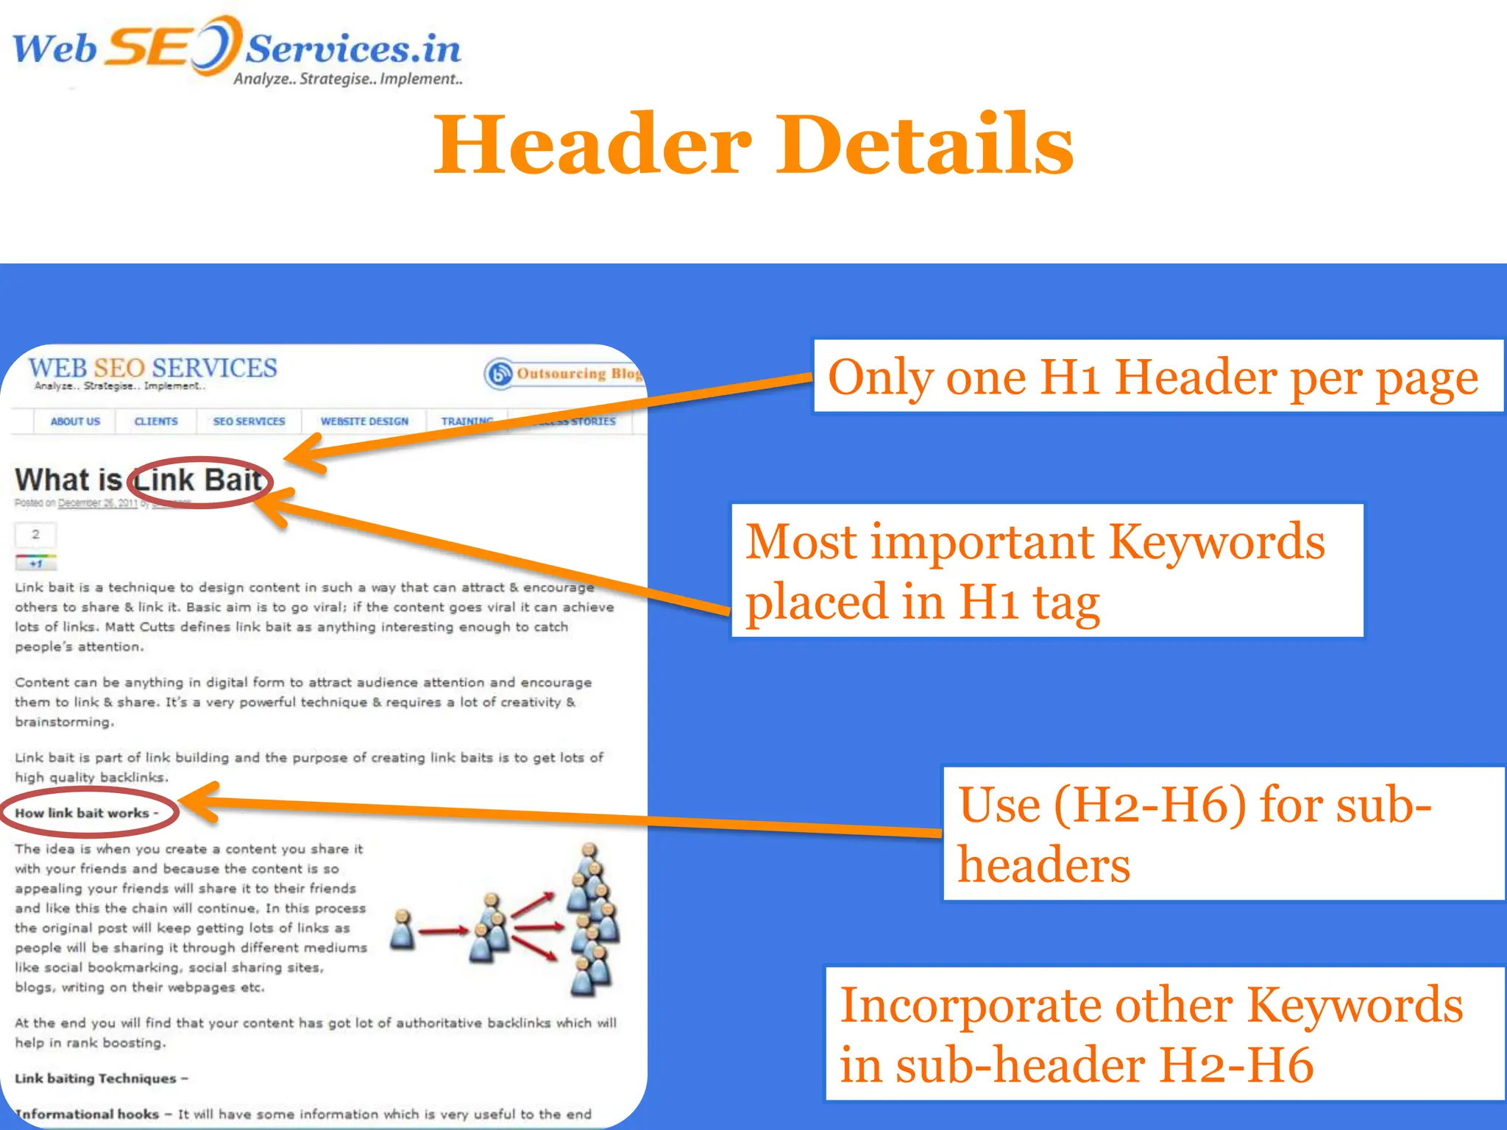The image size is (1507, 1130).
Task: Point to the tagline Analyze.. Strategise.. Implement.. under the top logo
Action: (x=348, y=79)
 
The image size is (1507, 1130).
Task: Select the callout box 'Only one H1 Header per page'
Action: (x=1157, y=377)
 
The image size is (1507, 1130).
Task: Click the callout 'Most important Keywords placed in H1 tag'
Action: (x=1046, y=571)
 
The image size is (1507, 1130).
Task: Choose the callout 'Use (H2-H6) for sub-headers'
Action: (x=1223, y=834)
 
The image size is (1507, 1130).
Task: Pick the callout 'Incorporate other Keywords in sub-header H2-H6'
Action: (x=1164, y=1034)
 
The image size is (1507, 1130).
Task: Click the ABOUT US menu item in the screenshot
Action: (x=75, y=422)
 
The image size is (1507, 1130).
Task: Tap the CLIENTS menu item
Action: (x=156, y=422)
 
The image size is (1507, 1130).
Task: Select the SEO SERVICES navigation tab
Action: (x=249, y=422)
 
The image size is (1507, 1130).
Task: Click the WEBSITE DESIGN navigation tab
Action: (x=364, y=422)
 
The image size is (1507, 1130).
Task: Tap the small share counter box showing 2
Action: (x=35, y=534)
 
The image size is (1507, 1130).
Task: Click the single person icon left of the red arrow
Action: (x=402, y=930)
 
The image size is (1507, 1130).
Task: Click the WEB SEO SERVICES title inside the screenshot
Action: (x=152, y=367)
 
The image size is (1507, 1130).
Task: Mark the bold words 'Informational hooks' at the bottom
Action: (x=88, y=1114)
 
